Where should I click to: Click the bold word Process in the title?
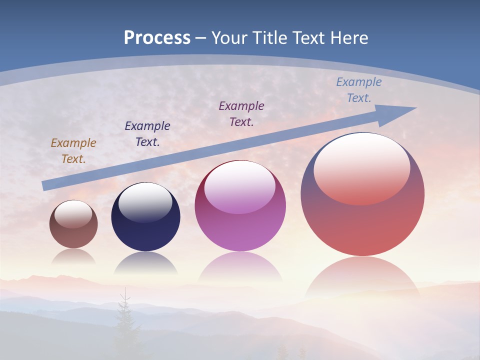(157, 38)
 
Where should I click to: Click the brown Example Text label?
(73, 151)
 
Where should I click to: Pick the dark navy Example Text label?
(147, 134)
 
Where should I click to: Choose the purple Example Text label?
(241, 114)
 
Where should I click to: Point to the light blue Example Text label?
(359, 90)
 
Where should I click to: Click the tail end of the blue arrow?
(45, 186)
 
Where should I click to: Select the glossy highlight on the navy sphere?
(145, 202)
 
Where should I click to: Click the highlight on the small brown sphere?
(73, 214)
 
